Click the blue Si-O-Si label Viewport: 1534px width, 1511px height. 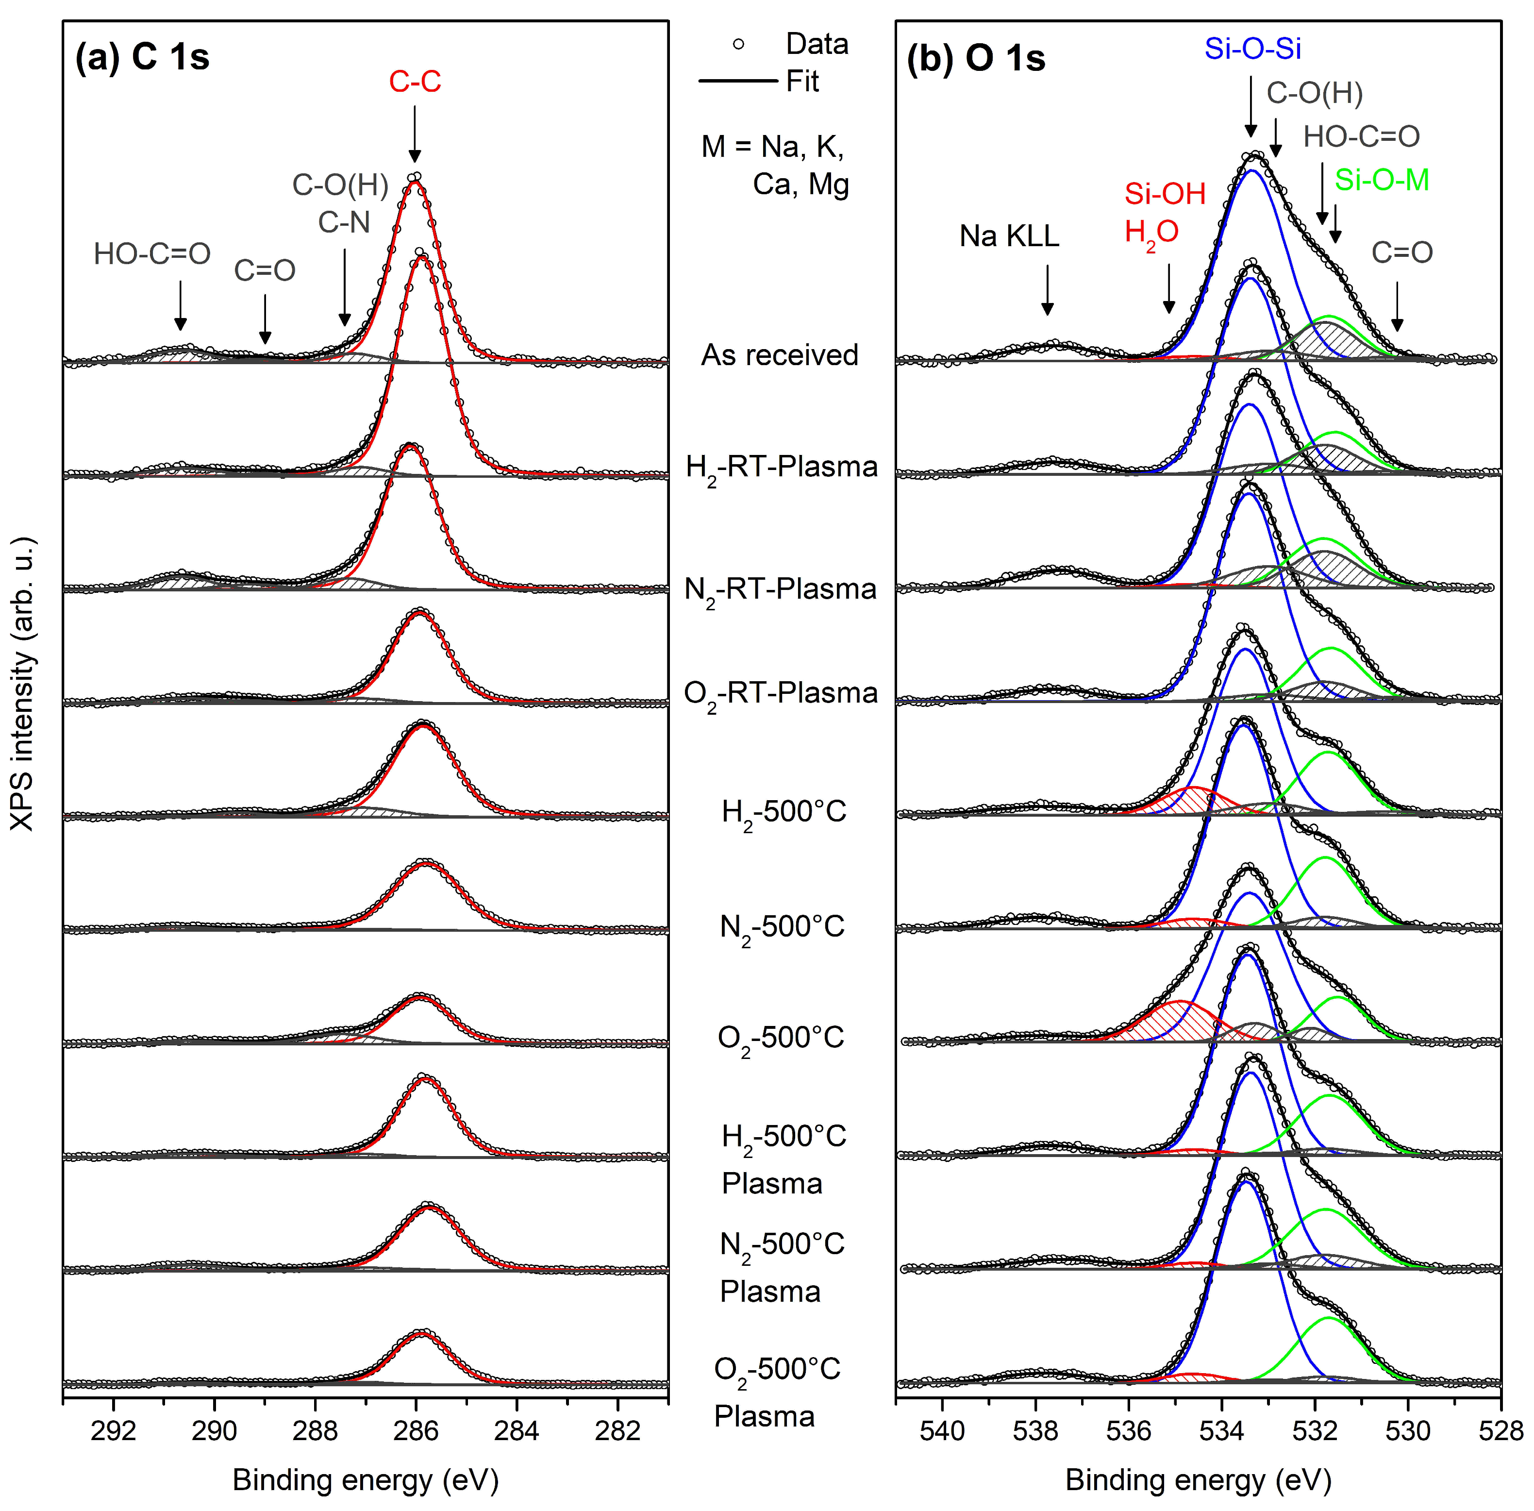1252,49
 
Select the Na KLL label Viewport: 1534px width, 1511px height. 1009,236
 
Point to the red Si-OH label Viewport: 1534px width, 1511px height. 1164,194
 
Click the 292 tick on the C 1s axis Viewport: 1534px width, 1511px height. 114,1431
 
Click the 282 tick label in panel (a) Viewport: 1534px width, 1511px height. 617,1431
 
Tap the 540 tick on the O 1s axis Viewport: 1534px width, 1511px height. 942,1431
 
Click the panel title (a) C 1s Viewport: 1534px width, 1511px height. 142,57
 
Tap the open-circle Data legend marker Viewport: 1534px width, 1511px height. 738,45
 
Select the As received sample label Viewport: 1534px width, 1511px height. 779,355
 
